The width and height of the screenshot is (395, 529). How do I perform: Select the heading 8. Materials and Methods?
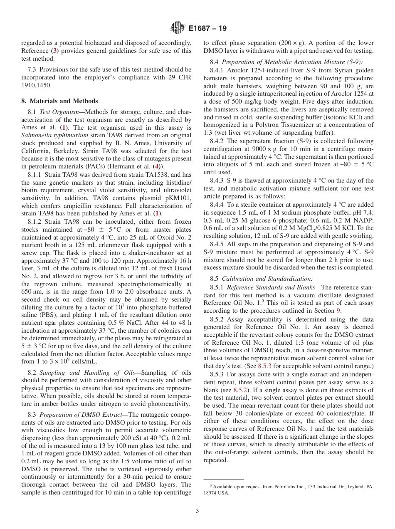59,101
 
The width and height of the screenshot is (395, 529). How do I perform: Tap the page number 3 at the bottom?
197,511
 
